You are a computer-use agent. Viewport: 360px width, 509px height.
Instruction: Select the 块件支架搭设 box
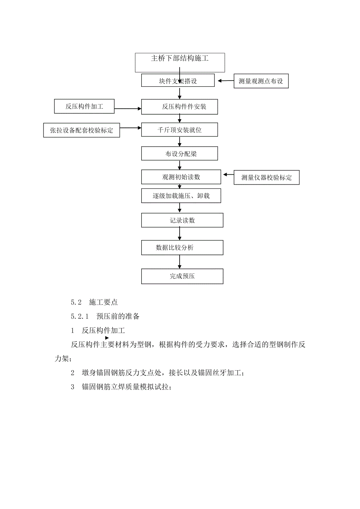(178, 81)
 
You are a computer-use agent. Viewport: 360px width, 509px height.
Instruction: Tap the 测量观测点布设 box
(261, 82)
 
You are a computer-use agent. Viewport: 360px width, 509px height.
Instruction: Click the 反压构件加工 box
(84, 106)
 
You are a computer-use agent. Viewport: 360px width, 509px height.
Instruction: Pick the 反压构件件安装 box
(179, 106)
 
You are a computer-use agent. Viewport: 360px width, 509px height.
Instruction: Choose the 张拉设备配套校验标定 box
(81, 131)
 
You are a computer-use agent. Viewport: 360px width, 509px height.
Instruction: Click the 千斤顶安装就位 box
(179, 130)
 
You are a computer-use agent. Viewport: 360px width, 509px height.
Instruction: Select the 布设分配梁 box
(179, 154)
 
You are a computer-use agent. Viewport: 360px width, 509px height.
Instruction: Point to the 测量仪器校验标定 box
(266, 177)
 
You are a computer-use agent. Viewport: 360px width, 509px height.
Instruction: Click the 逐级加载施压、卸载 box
(181, 196)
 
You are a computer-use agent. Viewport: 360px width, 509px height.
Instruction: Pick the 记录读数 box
(182, 220)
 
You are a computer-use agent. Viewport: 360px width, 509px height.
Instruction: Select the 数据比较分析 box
(182, 247)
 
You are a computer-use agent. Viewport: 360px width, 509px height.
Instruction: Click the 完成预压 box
(182, 276)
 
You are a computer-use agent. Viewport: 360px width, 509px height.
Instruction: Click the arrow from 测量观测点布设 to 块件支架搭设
(225, 81)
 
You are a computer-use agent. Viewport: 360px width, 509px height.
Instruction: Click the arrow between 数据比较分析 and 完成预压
(180, 262)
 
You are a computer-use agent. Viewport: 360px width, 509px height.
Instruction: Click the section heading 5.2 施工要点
(94, 302)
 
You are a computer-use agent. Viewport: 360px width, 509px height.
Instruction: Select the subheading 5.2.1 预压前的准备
(105, 316)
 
